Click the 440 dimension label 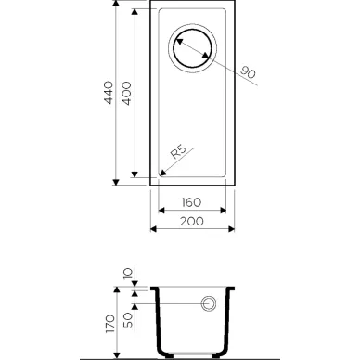coord(109,93)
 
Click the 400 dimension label coord(127,94)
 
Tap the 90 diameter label coord(248,72)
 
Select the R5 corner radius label coord(178,152)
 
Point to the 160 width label coord(191,202)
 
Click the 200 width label coord(192,221)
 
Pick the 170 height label coord(110,324)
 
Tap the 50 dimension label coord(128,320)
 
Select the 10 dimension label coord(128,274)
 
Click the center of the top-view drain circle coord(192,48)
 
